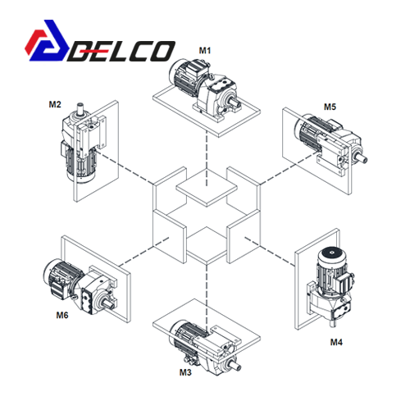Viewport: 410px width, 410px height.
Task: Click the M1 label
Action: click(205, 51)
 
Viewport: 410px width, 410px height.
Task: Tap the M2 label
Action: click(55, 104)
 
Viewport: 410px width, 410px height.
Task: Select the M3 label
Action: click(185, 372)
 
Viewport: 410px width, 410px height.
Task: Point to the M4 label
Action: click(336, 342)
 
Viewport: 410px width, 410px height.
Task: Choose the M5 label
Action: click(330, 107)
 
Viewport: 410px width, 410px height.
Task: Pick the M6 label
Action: click(62, 315)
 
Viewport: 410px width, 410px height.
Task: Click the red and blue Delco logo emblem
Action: click(47, 40)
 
